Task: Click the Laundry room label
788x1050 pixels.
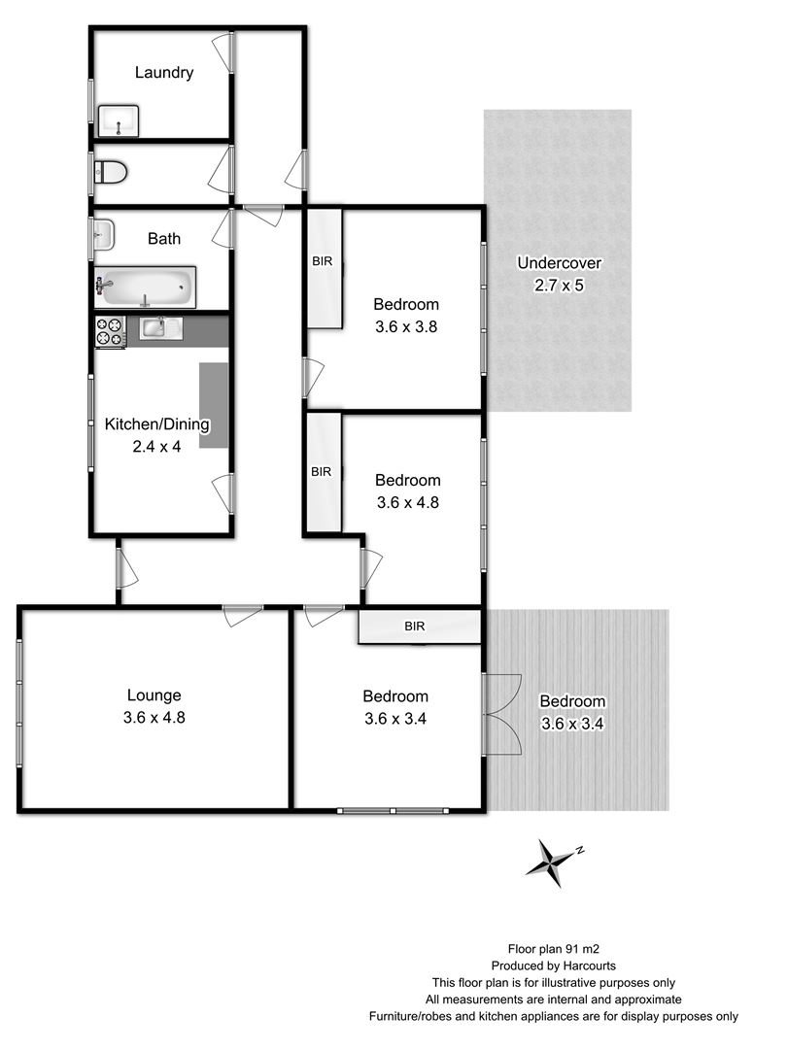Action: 164,72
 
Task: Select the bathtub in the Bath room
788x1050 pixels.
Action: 146,288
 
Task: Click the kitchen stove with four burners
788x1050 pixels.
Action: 110,332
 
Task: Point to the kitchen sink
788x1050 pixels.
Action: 160,328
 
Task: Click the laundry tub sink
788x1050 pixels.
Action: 120,122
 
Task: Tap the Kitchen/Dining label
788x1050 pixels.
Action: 157,424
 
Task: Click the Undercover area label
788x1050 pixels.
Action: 559,262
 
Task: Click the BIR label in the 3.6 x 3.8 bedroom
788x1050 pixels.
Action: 323,261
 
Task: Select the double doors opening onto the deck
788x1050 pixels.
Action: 502,710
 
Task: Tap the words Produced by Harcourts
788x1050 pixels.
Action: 553,965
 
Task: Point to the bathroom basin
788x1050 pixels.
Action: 103,233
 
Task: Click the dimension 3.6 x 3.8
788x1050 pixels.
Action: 406,327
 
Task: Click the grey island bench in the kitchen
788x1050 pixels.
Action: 214,405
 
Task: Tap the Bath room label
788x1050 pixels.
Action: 164,238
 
